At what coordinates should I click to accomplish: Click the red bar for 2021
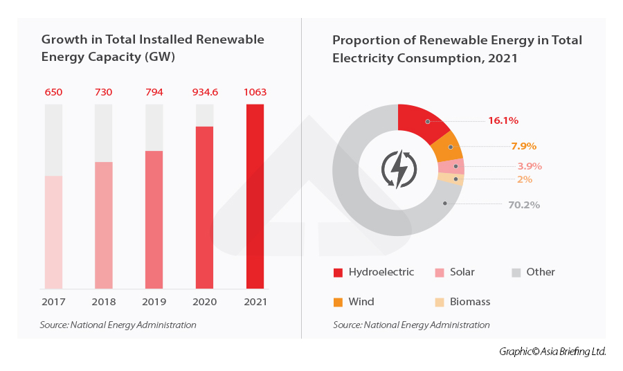[255, 196]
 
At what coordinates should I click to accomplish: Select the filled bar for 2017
[53, 232]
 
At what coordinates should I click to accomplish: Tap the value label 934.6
[204, 92]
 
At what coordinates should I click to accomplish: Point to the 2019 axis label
[154, 302]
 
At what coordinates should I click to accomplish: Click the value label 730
[103, 92]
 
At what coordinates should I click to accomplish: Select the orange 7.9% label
[523, 146]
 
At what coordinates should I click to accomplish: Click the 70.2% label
[523, 205]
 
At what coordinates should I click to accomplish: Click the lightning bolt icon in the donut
[399, 168]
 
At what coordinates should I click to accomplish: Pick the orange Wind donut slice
[446, 146]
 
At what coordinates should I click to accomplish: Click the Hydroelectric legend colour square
[338, 272]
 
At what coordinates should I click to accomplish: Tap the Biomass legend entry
[463, 302]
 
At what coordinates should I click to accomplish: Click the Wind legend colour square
[338, 302]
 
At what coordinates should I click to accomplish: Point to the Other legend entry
[534, 272]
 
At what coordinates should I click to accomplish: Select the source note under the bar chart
[118, 325]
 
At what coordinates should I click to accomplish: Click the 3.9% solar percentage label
[530, 166]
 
